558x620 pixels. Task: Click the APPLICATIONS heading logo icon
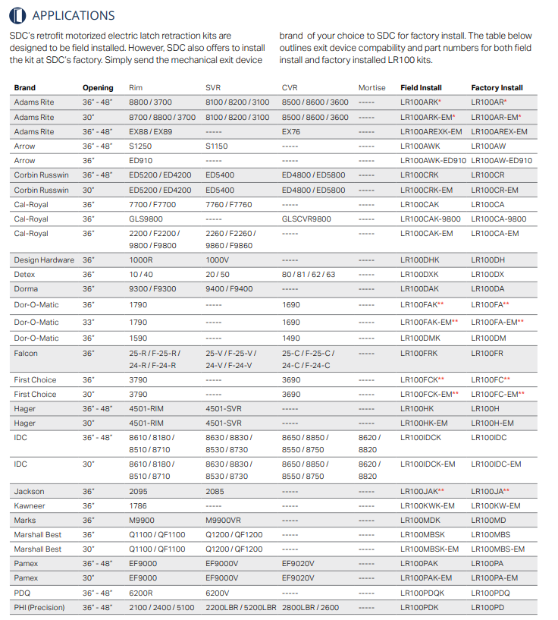(x=17, y=15)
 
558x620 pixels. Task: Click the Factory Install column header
(x=497, y=88)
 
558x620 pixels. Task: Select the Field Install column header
(x=421, y=88)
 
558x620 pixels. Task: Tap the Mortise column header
(x=371, y=88)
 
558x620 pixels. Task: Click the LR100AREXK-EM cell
(x=431, y=132)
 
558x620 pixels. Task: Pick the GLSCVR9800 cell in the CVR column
(x=306, y=219)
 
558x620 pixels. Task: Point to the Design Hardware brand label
(x=44, y=260)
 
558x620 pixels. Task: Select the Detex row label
(x=24, y=275)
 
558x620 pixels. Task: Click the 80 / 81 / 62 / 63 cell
(x=309, y=275)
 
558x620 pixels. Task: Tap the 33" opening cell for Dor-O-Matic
(x=89, y=323)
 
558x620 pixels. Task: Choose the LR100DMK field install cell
(x=420, y=338)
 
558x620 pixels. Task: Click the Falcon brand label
(x=26, y=354)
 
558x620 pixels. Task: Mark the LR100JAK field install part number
(x=419, y=492)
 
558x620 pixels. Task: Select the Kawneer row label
(x=30, y=506)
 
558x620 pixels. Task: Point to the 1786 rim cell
(x=138, y=506)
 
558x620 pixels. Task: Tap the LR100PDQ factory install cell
(x=491, y=593)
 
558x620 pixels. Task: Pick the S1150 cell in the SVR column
(x=216, y=146)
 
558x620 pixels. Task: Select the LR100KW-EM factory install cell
(x=496, y=506)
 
